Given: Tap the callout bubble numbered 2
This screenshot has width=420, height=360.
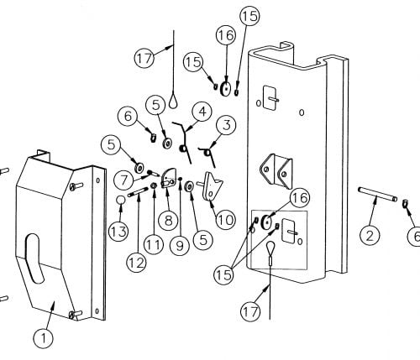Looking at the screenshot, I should tap(368, 235).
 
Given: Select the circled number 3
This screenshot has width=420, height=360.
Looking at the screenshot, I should tap(224, 126).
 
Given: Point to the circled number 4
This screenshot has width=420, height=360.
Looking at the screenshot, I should tap(200, 110).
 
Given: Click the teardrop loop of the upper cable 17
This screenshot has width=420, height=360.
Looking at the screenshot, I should tap(172, 100).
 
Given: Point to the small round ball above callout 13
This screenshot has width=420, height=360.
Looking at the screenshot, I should tap(121, 199).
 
